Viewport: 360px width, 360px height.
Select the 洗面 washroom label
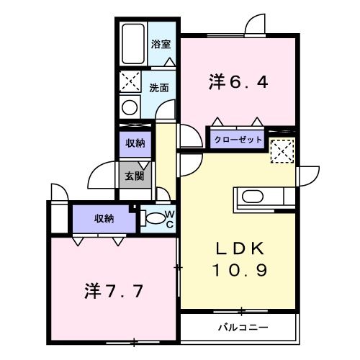159,88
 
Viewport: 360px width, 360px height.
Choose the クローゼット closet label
237,140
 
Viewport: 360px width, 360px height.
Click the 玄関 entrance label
134,175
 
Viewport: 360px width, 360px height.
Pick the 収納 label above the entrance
135,143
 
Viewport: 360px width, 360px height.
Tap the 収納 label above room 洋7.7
103,219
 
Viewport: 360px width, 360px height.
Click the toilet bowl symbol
153,218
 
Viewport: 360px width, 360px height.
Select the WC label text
170,218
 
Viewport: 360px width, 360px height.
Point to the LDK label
241,248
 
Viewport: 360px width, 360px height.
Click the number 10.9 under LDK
241,271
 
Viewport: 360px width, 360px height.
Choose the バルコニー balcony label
243,327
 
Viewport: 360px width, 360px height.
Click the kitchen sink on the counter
254,196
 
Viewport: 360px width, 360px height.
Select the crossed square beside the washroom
130,80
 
